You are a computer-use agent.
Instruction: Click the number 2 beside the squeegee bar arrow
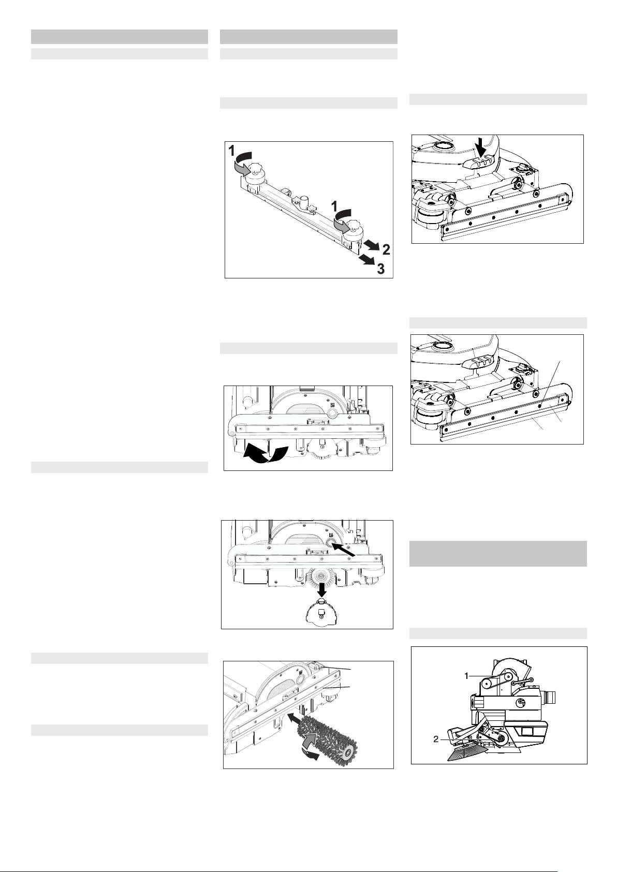pyautogui.click(x=386, y=249)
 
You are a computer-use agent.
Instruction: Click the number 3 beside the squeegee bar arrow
pyautogui.click(x=381, y=268)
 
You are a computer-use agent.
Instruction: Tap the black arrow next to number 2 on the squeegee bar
pyautogui.click(x=371, y=246)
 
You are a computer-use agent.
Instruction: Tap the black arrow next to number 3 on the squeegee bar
pyautogui.click(x=366, y=260)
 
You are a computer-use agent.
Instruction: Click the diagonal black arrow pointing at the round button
pyautogui.click(x=344, y=550)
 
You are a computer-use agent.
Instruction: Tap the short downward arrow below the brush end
pyautogui.click(x=321, y=589)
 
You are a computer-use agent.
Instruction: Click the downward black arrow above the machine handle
pyautogui.click(x=482, y=148)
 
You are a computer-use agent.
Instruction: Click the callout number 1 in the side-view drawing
pyautogui.click(x=466, y=676)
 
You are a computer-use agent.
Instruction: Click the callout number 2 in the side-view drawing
pyautogui.click(x=436, y=739)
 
